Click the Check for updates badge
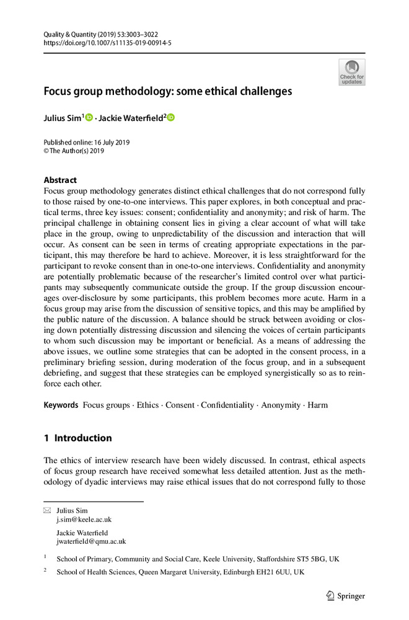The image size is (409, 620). point(352,73)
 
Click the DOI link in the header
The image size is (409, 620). point(107,43)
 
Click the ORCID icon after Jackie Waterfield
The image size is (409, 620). point(171,117)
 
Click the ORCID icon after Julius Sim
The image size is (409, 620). point(89,117)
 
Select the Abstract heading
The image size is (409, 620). point(60,180)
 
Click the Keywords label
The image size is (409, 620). point(61,405)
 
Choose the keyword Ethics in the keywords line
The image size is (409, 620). point(147,405)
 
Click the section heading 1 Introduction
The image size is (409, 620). point(77,438)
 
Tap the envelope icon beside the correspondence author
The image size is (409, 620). point(47,510)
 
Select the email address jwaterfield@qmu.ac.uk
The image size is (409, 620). point(91,541)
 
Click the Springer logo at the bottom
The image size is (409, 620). point(346,596)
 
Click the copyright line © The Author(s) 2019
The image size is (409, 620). point(74,151)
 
